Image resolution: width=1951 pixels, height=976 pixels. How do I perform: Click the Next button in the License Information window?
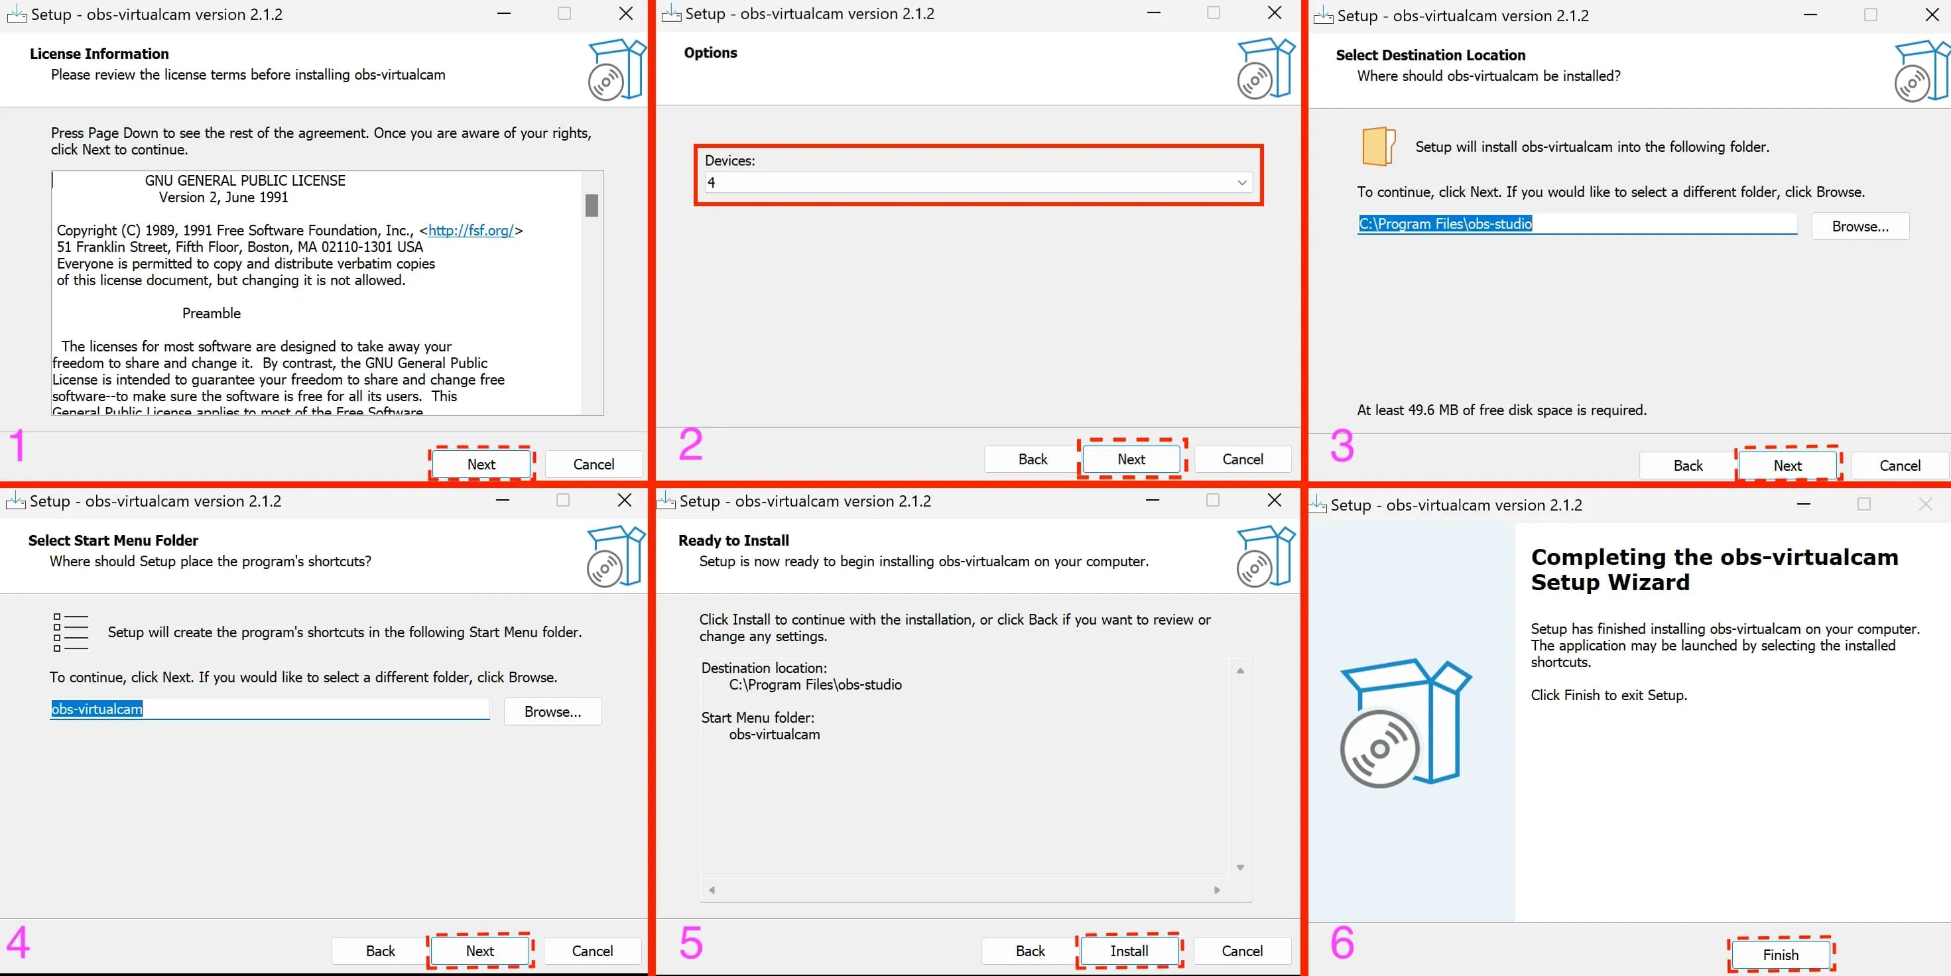coord(481,464)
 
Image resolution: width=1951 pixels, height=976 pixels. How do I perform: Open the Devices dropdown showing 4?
coord(977,182)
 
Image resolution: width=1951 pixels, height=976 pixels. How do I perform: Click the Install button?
coord(1129,950)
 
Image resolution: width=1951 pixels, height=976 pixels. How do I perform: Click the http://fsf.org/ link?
coord(471,230)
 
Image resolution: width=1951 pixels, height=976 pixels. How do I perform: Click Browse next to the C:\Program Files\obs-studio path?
coord(1859,226)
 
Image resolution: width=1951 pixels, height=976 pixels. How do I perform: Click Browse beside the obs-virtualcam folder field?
coord(552,711)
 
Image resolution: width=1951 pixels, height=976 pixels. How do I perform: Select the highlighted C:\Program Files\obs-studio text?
coord(1444,223)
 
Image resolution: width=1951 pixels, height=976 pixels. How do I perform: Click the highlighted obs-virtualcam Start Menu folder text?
coord(96,709)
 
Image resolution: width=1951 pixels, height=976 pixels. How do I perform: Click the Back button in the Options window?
coord(1033,459)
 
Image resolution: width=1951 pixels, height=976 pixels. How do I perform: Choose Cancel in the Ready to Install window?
coord(1241,950)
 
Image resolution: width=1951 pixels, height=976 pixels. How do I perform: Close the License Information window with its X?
coord(625,14)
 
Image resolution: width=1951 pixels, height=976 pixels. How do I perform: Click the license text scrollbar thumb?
coord(592,205)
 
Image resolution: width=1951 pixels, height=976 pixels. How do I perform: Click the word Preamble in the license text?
coord(212,314)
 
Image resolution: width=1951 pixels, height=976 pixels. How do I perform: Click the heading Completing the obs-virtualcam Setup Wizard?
coord(1714,570)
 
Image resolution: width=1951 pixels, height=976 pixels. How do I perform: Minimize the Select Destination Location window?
coord(1810,15)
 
